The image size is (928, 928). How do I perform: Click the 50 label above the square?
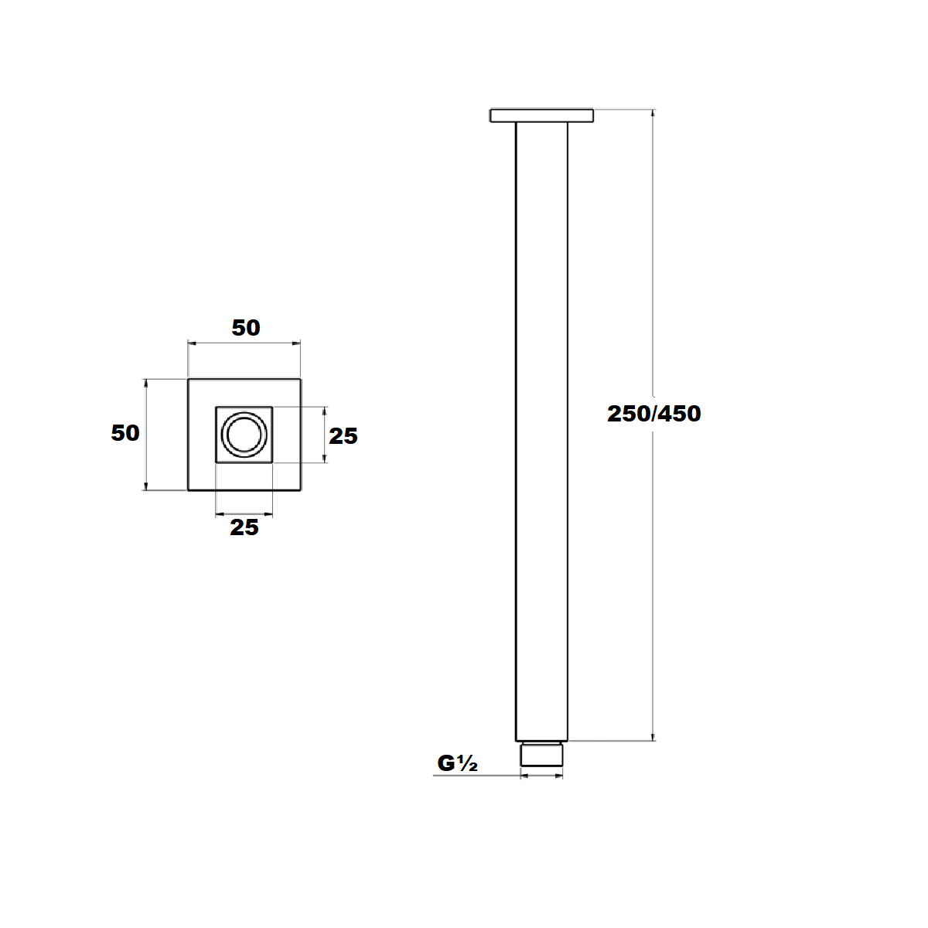(246, 328)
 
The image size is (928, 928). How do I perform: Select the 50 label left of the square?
(125, 433)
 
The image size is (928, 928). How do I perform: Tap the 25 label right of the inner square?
(343, 436)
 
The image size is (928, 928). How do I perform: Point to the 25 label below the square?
(244, 527)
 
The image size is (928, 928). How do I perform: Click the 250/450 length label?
(653, 414)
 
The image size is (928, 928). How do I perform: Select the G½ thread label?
(457, 763)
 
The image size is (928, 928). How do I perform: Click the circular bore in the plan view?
(244, 434)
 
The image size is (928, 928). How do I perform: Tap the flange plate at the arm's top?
(541, 116)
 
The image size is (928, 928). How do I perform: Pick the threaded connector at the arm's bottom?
(541, 755)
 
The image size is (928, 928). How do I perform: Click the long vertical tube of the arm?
(541, 425)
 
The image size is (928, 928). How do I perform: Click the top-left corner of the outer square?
(189, 379)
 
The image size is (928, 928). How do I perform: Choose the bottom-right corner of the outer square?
(301, 490)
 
